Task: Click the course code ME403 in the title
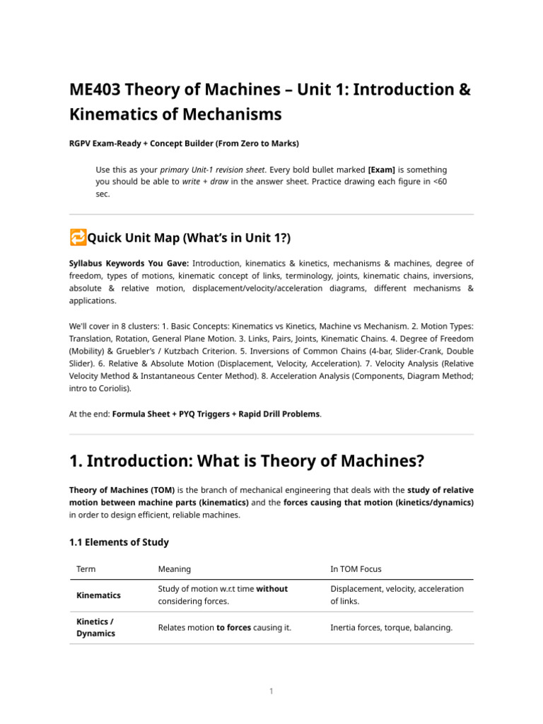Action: coord(95,90)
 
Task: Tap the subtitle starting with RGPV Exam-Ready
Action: coord(184,144)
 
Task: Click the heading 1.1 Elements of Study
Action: coord(119,542)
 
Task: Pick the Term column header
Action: coord(86,568)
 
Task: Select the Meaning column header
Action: coord(174,568)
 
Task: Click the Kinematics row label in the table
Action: coord(98,595)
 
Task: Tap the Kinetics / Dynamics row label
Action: coord(95,627)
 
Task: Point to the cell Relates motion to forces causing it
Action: coord(224,627)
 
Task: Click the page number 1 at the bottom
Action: coord(271,691)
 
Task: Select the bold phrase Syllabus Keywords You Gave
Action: coord(129,263)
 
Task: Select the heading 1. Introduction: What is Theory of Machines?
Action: coord(246,461)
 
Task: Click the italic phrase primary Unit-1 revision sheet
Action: coord(213,170)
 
